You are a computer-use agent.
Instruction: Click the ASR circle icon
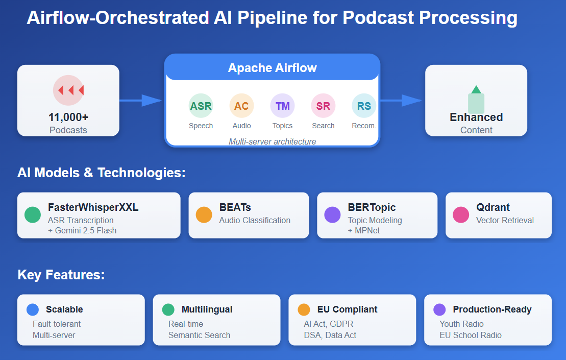(201, 106)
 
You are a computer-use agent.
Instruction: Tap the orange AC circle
(241, 106)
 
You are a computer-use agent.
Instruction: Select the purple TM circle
(282, 106)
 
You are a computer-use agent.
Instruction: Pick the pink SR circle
(323, 106)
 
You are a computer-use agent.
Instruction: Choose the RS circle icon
(364, 106)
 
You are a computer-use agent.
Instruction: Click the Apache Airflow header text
(272, 68)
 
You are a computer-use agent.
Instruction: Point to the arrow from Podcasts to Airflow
(141, 101)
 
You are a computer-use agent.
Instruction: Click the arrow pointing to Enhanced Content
(401, 101)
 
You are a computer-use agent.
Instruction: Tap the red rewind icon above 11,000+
(68, 90)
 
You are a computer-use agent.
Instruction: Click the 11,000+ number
(68, 117)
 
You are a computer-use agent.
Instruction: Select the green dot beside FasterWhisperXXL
(33, 214)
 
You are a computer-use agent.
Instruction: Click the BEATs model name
(235, 208)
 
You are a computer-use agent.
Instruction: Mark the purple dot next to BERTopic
(332, 214)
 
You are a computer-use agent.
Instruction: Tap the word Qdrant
(493, 208)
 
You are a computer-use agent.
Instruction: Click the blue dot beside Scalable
(33, 309)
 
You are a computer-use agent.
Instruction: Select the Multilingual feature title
(207, 309)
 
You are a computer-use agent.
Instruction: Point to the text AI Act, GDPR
(328, 324)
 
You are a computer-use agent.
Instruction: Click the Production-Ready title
(492, 309)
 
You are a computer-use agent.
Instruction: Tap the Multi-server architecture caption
(272, 141)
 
